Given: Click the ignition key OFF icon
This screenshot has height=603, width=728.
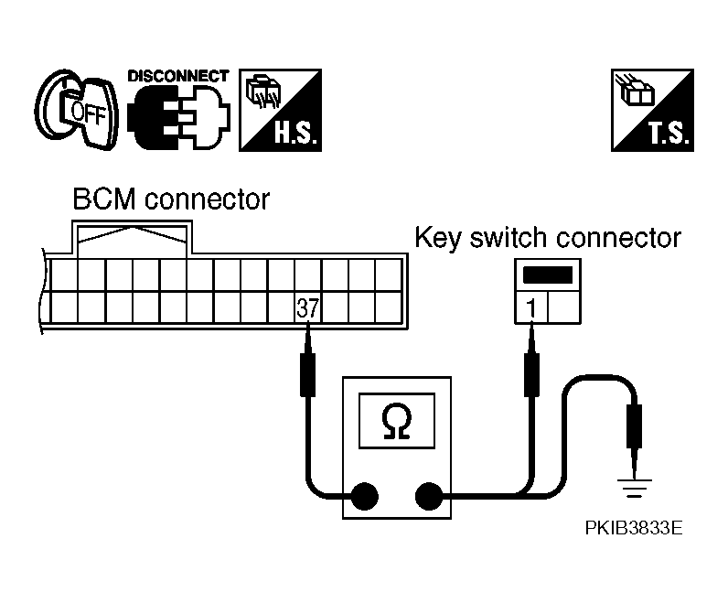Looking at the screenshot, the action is [77, 110].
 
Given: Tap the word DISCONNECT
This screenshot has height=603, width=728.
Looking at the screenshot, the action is [178, 76].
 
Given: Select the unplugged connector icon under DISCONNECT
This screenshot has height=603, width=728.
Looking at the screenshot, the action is [178, 117].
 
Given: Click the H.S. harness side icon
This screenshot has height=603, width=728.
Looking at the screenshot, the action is [281, 110].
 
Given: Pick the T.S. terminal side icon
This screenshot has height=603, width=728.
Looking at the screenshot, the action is [652, 110].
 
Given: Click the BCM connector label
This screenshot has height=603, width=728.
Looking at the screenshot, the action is [171, 199].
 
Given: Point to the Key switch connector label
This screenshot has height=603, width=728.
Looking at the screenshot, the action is [548, 238].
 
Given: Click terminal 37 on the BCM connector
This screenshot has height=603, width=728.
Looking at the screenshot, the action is [308, 307].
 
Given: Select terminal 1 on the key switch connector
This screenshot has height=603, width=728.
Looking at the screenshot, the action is [531, 307].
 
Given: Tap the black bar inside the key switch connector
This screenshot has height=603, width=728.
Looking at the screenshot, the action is [548, 275].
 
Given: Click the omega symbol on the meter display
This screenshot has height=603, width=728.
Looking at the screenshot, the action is [397, 421].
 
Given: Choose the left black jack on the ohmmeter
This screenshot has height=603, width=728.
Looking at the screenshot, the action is [364, 497].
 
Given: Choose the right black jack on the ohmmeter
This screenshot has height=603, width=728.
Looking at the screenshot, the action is [429, 497].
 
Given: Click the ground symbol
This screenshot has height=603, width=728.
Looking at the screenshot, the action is [634, 489].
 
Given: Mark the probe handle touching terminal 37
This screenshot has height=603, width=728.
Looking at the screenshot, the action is [307, 374].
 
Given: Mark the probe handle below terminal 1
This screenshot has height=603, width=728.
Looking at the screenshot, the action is [531, 374].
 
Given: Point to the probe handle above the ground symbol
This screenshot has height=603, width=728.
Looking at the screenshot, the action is [634, 426].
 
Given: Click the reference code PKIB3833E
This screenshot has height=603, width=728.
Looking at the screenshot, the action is [634, 528].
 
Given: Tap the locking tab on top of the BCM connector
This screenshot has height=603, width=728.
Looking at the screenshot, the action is [133, 238].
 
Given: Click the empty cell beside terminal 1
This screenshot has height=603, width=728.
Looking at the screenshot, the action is [564, 307].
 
